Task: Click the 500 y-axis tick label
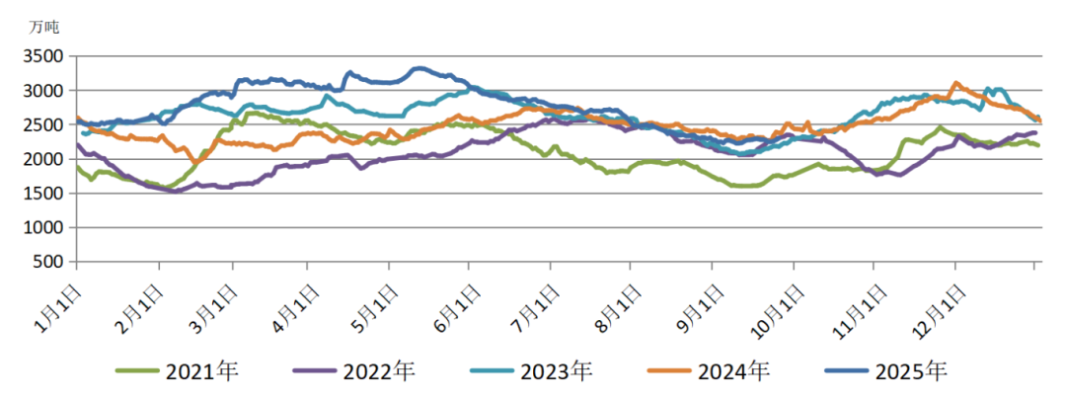coord(51,263)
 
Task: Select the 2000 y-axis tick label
coord(45,159)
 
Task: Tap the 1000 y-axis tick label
coord(45,228)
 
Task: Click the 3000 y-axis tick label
coord(45,91)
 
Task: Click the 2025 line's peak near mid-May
coord(419,68)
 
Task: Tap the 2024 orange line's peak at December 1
coord(954,83)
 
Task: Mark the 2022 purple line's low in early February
coord(175,191)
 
